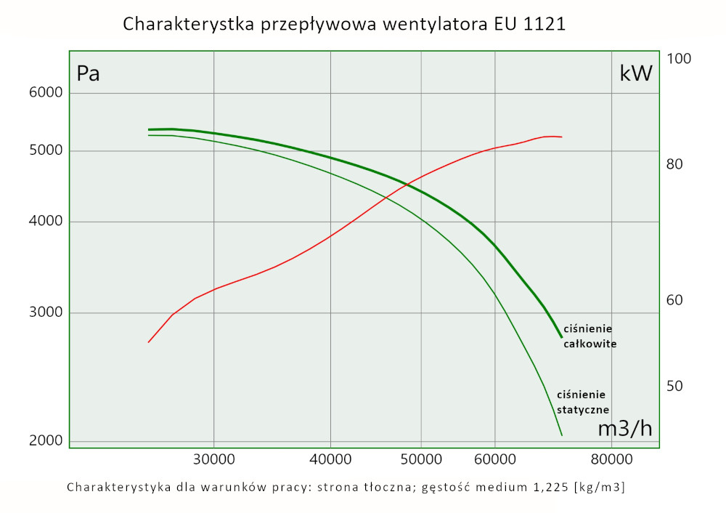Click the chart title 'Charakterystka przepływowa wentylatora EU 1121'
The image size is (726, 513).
coord(344,24)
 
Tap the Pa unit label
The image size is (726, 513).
coord(88,73)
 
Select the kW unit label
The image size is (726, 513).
coord(636,73)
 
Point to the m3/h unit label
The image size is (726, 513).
coord(624,429)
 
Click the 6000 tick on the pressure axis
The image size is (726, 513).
coord(45,93)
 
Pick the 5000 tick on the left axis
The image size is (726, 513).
coord(45,151)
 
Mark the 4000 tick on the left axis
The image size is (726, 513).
coord(45,222)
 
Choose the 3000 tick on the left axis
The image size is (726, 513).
coord(45,313)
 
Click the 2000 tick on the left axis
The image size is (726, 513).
coord(45,441)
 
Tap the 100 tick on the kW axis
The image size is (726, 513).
coord(681,59)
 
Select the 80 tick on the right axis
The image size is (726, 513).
coord(677,164)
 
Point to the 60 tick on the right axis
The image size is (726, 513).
coord(677,300)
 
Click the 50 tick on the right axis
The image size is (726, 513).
coord(677,386)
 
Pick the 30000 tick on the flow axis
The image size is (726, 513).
coord(213,460)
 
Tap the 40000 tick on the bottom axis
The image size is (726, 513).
coord(330,460)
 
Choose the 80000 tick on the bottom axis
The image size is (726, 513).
coord(611,460)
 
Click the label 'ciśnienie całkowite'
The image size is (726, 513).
coord(590,336)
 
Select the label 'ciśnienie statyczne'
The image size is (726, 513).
coord(582,402)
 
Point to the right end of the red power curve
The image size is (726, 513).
coord(561,137)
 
